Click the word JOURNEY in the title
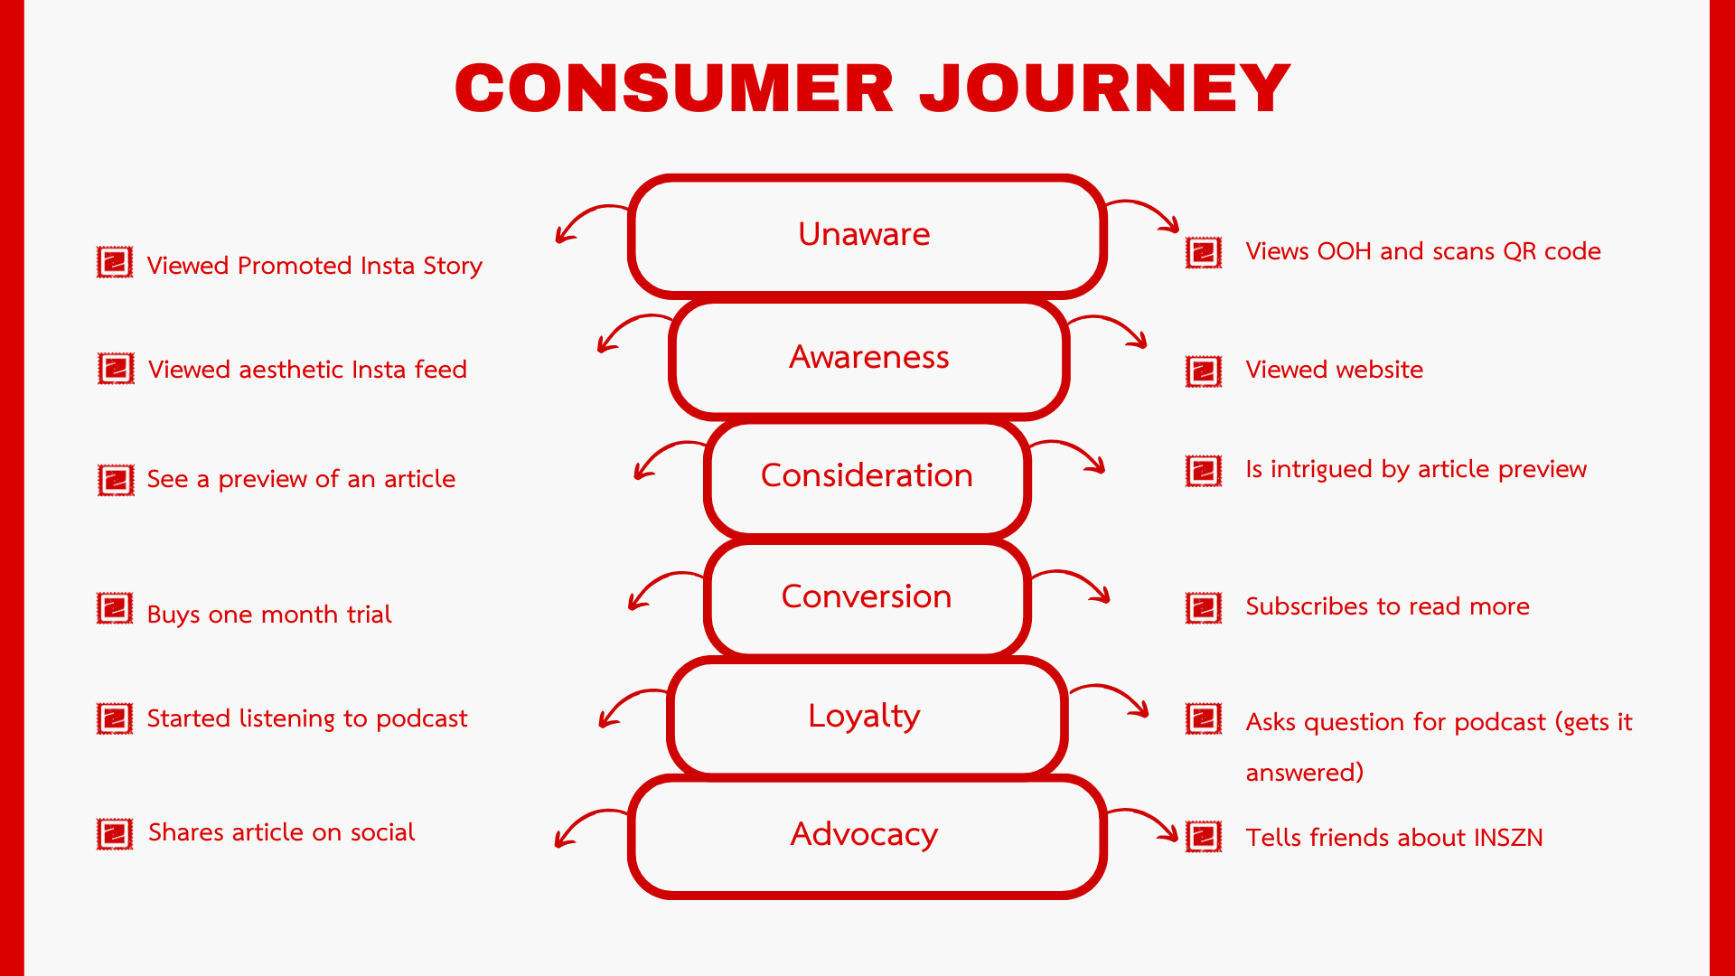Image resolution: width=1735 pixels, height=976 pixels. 1104,89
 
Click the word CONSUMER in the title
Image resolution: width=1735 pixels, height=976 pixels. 674,89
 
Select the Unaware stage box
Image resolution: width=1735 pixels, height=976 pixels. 866,236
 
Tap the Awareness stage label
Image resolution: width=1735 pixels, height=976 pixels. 868,358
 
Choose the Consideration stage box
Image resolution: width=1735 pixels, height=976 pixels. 867,476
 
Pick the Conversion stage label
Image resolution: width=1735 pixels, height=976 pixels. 866,596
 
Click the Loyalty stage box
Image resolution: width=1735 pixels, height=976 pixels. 866,716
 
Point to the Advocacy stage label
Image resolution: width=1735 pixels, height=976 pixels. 864,834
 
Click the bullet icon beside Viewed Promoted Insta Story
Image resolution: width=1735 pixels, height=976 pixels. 115,263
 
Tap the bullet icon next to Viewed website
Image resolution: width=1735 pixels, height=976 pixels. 1204,371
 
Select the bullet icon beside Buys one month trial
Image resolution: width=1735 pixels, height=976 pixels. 115,608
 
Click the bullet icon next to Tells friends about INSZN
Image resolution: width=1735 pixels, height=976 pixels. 1204,837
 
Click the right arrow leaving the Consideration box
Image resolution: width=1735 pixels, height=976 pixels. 1071,455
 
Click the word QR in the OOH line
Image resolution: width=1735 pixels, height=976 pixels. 1520,251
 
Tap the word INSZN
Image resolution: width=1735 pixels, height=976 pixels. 1507,838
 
